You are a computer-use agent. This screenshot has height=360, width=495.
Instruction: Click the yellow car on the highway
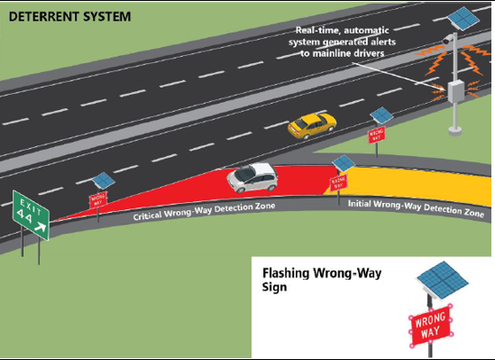[x=311, y=125]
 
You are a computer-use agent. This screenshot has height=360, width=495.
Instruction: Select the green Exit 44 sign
[x=31, y=217]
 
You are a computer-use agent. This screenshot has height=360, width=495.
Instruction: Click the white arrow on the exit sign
[x=40, y=228]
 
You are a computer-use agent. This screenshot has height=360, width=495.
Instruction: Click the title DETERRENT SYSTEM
[x=60, y=17]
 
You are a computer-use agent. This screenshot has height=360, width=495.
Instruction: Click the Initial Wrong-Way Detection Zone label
[x=416, y=208]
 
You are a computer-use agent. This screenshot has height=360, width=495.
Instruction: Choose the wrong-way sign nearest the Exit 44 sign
[x=96, y=199]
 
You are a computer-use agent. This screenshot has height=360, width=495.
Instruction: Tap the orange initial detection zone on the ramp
[x=424, y=185]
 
